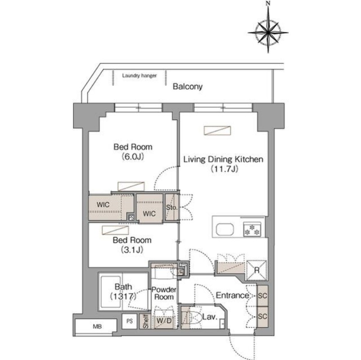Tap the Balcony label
point(188,87)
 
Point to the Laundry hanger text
point(139,75)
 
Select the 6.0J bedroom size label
point(133,157)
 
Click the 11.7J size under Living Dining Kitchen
point(224,169)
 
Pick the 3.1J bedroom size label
point(132,250)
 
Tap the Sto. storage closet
point(172,208)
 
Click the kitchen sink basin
point(225,229)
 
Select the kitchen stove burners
point(252,229)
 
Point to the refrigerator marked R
point(257,270)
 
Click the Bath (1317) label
point(123,291)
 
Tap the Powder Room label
point(164,293)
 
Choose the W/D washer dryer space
point(164,320)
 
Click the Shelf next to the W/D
point(145,321)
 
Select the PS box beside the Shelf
point(130,321)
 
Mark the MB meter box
point(97,327)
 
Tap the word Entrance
point(232,295)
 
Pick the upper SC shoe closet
point(263,295)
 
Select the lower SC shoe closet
point(263,317)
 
